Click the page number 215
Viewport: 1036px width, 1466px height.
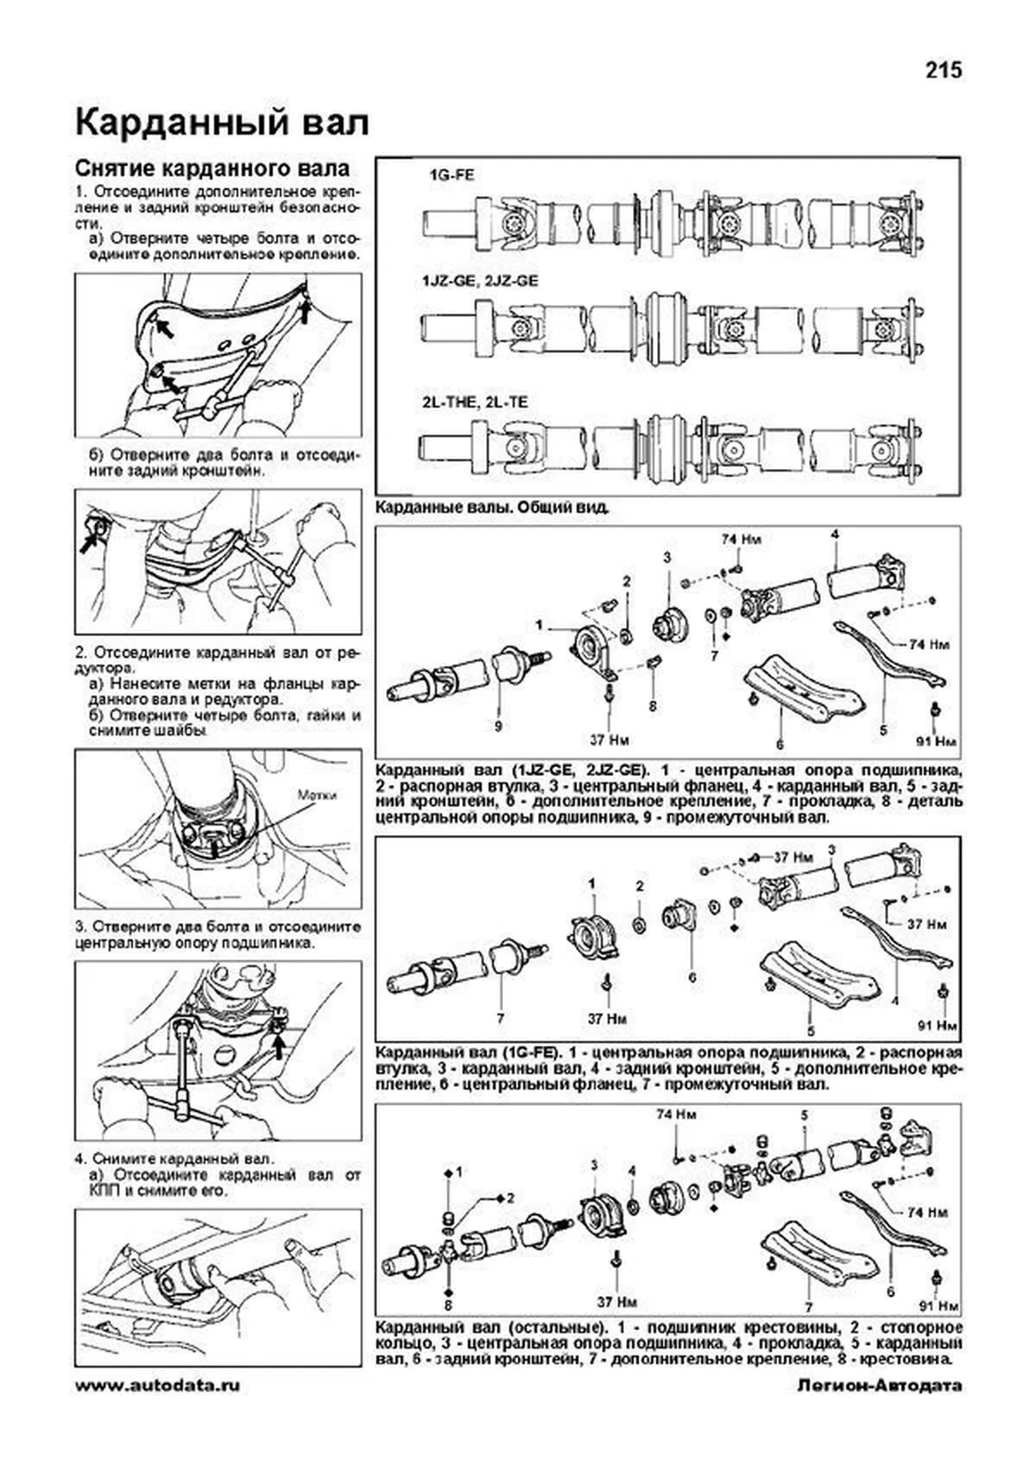(x=944, y=70)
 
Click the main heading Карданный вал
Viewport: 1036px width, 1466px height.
(x=222, y=123)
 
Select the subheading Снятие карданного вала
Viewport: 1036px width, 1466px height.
(x=212, y=167)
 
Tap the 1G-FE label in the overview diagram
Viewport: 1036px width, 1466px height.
(x=452, y=174)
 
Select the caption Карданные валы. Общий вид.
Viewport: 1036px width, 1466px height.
(x=493, y=509)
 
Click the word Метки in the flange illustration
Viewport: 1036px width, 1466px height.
(x=317, y=794)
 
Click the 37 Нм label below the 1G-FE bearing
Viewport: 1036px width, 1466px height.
(x=606, y=1019)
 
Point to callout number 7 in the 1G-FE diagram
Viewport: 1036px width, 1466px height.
(x=499, y=1019)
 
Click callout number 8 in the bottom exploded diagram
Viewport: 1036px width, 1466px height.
(x=448, y=1305)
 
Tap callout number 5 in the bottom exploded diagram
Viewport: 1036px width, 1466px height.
(x=805, y=1115)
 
